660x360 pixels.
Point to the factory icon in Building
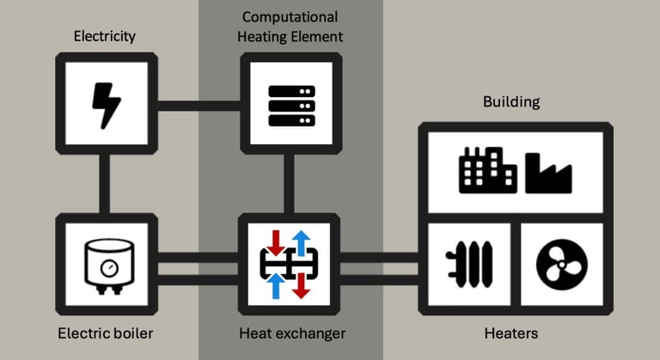pos(547,172)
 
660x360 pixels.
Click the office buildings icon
pos(487,169)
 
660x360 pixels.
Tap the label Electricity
pos(106,36)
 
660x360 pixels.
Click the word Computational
pos(290,16)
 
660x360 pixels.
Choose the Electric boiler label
pos(107,333)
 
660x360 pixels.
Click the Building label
pos(511,101)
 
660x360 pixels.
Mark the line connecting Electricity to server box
pos(199,107)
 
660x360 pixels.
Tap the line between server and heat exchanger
pos(290,184)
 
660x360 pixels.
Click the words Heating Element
pos(292,36)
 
